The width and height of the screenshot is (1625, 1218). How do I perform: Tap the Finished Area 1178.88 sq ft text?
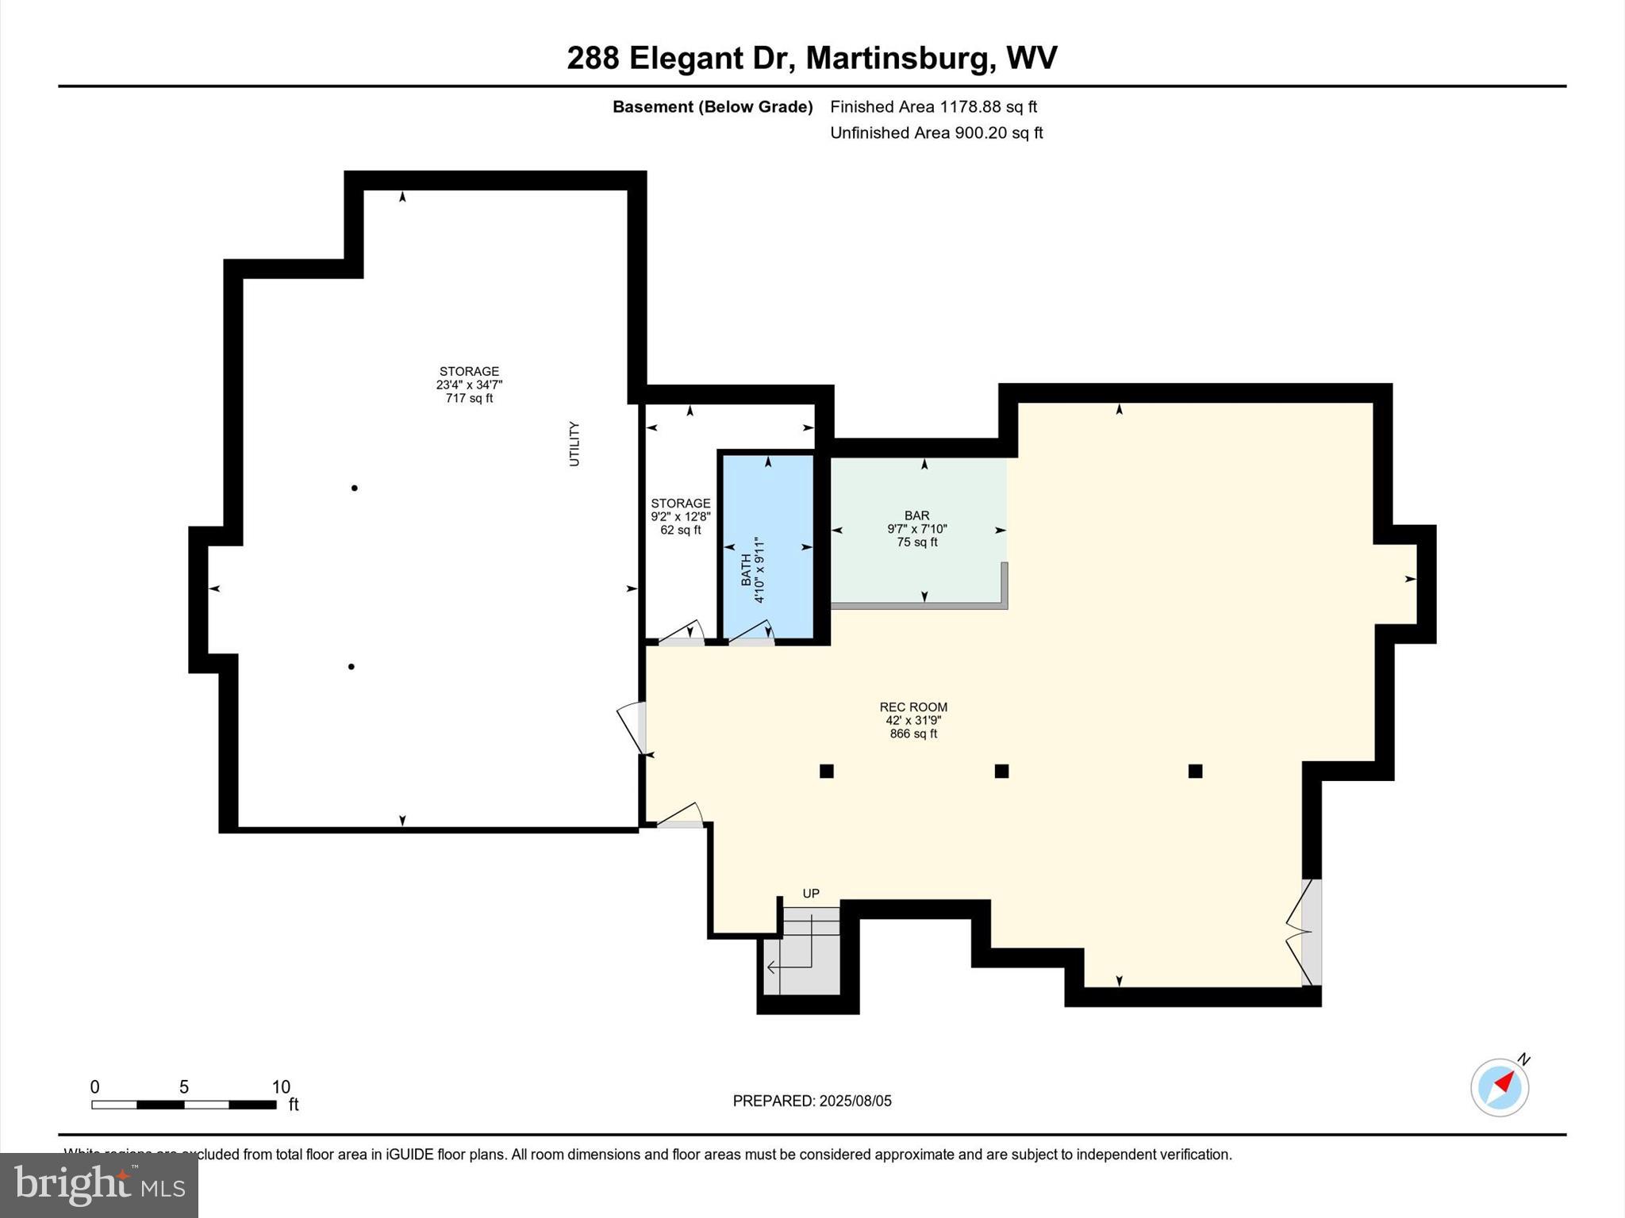click(x=933, y=107)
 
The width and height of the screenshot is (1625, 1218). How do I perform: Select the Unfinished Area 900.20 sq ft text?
click(x=936, y=133)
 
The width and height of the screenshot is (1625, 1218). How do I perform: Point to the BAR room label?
click(x=916, y=516)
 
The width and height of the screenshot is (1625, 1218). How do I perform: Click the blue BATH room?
click(x=766, y=547)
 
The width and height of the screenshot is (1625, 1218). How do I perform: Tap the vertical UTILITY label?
click(x=574, y=444)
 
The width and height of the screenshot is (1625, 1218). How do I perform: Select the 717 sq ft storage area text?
click(x=469, y=398)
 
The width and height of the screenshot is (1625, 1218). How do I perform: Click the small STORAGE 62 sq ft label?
click(x=680, y=516)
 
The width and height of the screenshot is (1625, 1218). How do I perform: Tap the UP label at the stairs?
click(x=811, y=894)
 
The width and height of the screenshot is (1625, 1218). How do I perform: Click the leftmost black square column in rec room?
click(x=826, y=771)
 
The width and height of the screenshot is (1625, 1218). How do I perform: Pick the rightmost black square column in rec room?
click(x=1195, y=771)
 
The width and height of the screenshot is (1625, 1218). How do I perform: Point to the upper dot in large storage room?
click(x=354, y=488)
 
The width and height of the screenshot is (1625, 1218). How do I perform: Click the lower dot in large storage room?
click(x=351, y=666)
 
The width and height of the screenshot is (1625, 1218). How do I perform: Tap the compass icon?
click(x=1500, y=1087)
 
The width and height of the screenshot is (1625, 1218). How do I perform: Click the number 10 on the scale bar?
click(x=281, y=1087)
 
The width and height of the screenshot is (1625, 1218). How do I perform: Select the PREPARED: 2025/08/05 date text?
click(x=812, y=1101)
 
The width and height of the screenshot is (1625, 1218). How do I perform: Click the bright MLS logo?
click(x=98, y=1185)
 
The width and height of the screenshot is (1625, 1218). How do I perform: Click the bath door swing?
click(x=752, y=633)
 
